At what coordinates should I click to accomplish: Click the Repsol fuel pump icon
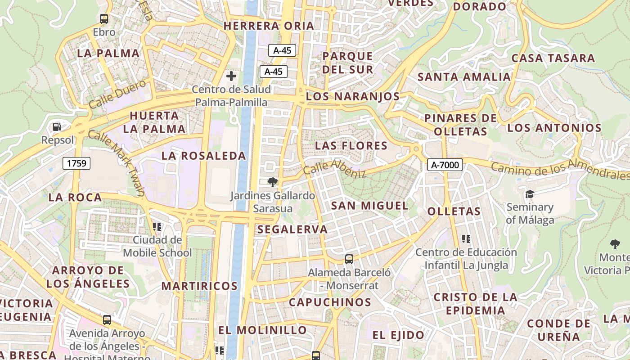pos(57,127)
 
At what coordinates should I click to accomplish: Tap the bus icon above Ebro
pos(104,19)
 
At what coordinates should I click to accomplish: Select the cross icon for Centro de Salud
pos(231,76)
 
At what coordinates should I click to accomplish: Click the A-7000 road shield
pos(445,165)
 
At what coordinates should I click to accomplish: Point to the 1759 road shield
pos(76,163)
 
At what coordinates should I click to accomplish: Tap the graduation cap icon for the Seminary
pos(530,194)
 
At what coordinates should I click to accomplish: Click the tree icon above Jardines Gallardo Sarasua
pos(272,182)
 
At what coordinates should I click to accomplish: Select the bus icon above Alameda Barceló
pos(349,259)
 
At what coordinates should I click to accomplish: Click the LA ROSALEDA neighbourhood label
pos(204,156)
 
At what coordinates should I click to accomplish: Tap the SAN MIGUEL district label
pos(370,206)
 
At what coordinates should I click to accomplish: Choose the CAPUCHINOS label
pos(330,302)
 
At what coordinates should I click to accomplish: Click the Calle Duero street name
pos(117,94)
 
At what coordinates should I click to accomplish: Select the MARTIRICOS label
pos(199,286)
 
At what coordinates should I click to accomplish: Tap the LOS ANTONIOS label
pos(554,128)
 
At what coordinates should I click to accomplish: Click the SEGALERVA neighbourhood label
pos(292,229)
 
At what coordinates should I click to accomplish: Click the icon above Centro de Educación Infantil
pos(466,238)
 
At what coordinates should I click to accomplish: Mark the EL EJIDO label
pos(398,335)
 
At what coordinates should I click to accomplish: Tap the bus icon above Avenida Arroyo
pos(107,320)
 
